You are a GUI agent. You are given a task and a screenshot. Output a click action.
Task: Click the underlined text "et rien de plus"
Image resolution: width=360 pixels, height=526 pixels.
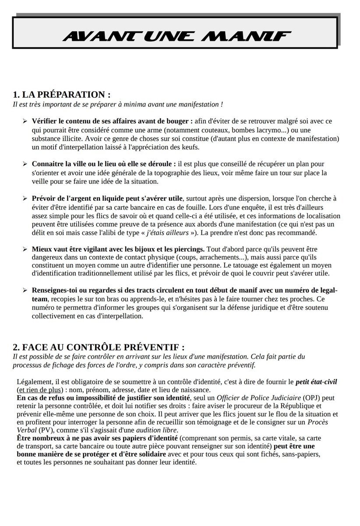(x=39, y=390)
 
